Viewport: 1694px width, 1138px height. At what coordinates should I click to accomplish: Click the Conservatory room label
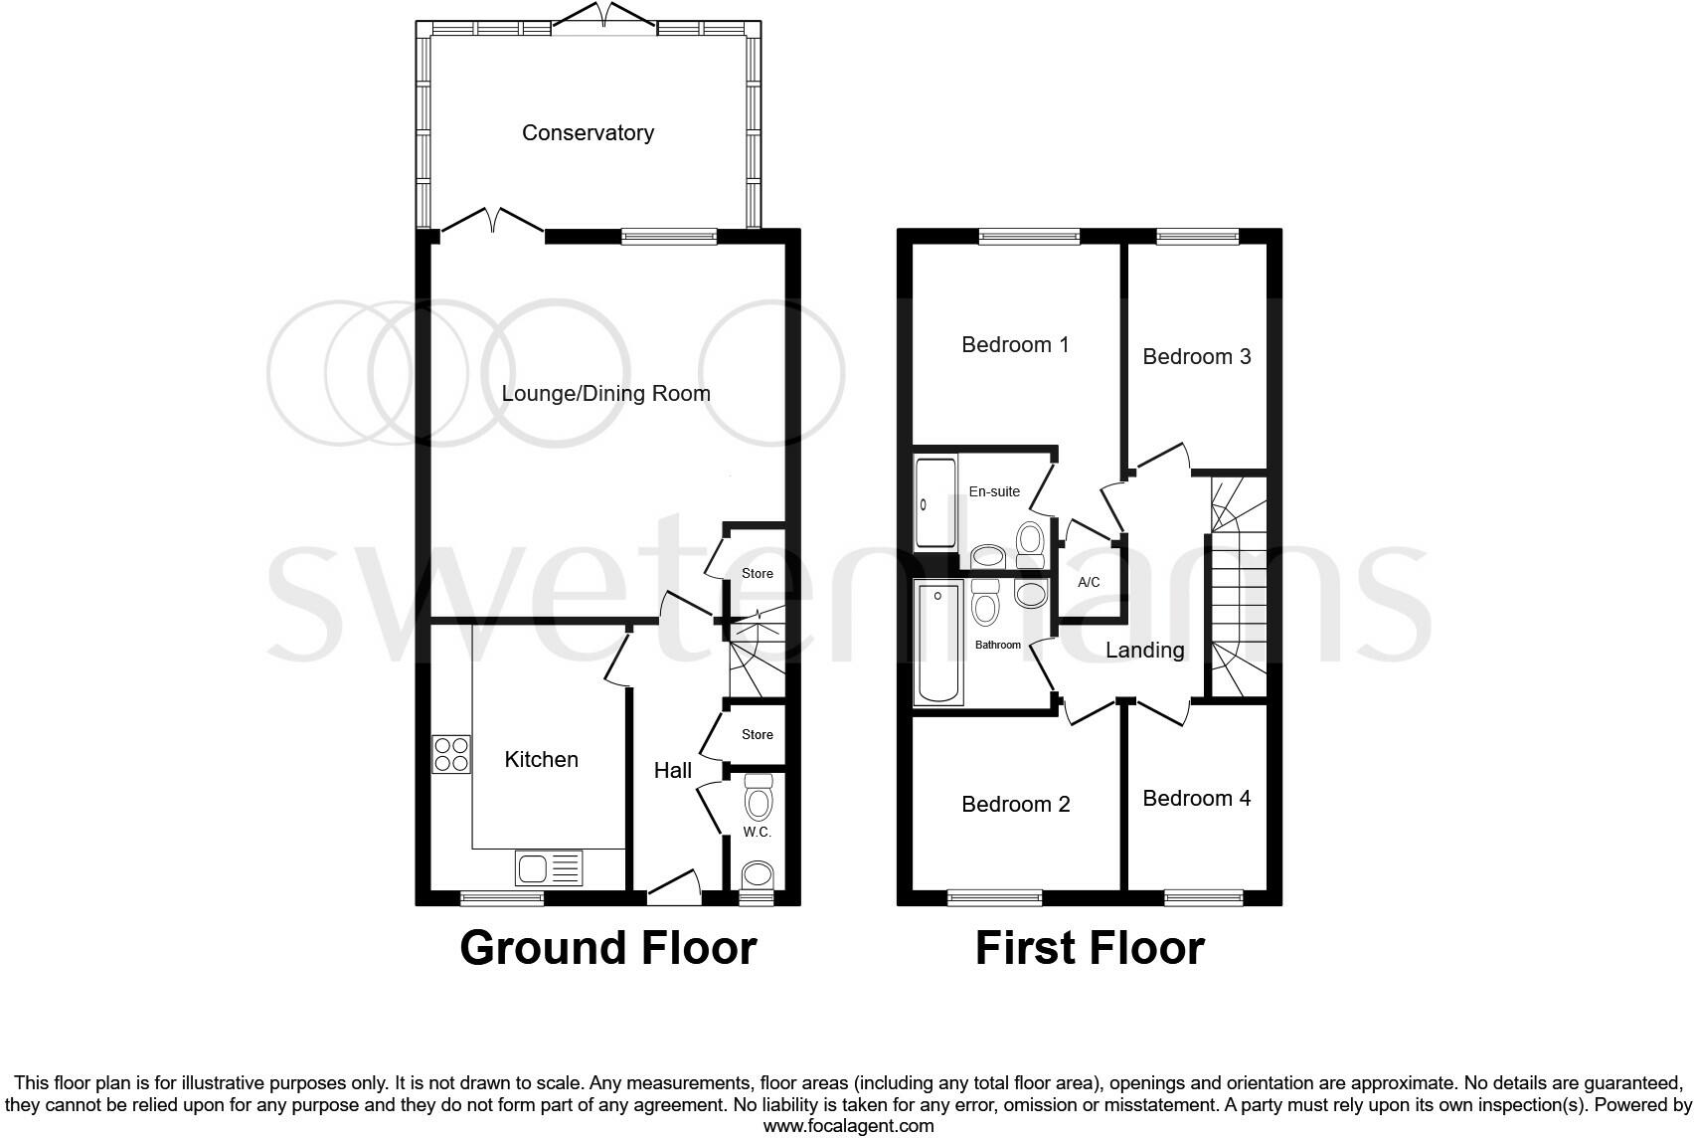click(x=588, y=133)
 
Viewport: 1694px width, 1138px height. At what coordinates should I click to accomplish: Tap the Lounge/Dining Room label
click(x=605, y=394)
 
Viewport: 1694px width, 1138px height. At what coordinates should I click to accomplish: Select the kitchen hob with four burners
click(x=451, y=754)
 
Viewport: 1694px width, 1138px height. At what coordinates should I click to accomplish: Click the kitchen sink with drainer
click(x=549, y=868)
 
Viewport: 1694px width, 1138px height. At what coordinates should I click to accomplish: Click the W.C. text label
click(x=757, y=833)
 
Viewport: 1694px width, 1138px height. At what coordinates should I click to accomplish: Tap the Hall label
click(x=672, y=770)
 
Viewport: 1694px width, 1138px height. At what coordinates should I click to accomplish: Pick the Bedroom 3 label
click(x=1196, y=356)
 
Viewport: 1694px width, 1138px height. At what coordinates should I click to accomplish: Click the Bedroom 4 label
click(x=1196, y=799)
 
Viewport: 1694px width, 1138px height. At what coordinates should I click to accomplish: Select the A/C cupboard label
click(x=1089, y=583)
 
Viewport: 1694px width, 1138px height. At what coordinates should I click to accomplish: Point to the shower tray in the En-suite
click(x=934, y=502)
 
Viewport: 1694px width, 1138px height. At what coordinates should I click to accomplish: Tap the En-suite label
click(x=994, y=491)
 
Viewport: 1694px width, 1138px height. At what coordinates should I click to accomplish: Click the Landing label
click(x=1145, y=651)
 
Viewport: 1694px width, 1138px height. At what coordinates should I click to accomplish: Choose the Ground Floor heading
click(x=607, y=948)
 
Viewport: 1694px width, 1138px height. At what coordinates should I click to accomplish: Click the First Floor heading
click(x=1090, y=948)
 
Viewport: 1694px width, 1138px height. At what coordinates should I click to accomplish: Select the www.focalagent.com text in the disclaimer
click(x=848, y=1126)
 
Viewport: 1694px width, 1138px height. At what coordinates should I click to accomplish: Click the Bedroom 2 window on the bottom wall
click(x=994, y=898)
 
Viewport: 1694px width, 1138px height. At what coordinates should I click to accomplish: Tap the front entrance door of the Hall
click(x=674, y=888)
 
